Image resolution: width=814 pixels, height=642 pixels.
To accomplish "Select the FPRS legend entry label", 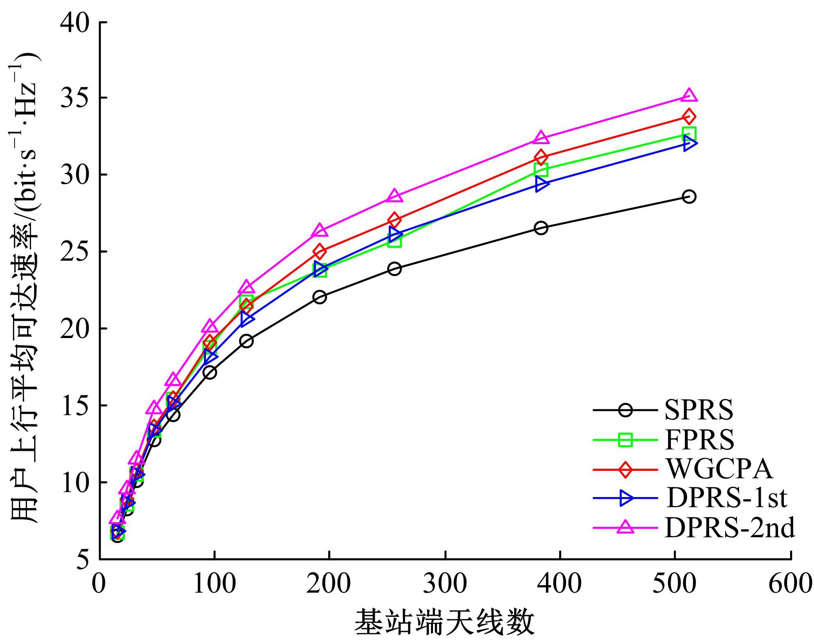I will (699, 440).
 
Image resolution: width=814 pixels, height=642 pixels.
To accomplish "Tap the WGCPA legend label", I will (720, 469).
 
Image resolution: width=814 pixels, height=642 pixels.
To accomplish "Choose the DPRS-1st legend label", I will (726, 498).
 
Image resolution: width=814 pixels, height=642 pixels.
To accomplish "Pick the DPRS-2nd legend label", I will (729, 528).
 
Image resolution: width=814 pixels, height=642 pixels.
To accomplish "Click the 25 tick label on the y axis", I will (74, 251).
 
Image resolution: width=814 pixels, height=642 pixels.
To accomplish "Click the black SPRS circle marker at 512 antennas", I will (689, 196).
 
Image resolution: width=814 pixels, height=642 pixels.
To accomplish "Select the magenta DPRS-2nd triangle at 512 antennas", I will (689, 96).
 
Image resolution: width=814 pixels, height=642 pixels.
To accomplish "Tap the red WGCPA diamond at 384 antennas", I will (541, 157).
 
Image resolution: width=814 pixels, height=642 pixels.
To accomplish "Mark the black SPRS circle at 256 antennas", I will (394, 269).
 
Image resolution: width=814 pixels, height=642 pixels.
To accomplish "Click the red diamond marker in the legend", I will (625, 469).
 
